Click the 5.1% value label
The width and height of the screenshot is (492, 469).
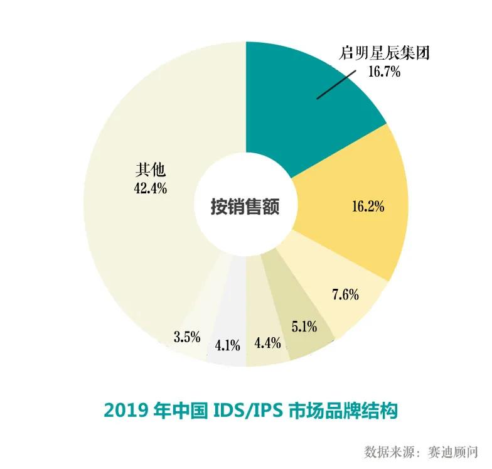[304, 326]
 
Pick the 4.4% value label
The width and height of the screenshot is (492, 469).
[267, 343]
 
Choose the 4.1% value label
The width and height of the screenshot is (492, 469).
[227, 344]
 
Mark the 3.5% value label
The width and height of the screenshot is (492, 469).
[187, 337]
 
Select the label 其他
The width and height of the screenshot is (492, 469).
[149, 170]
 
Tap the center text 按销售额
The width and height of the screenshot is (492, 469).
[245, 206]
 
